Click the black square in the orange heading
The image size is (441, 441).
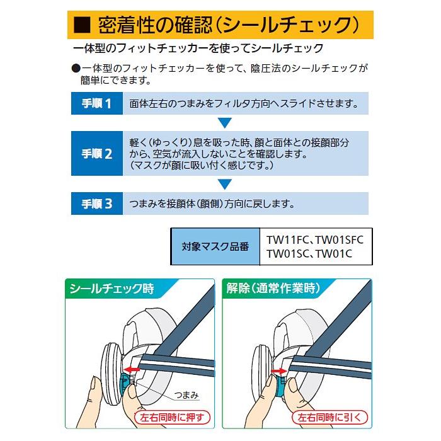coord(82,26)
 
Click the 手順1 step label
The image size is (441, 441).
coord(96,103)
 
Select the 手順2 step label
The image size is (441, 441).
coord(96,154)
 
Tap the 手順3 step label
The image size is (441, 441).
coord(96,204)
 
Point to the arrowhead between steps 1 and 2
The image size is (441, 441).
coord(225,122)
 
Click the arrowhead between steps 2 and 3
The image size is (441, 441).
coord(225,184)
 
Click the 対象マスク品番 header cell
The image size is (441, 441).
coord(214,247)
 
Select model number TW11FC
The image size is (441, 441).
coord(287,240)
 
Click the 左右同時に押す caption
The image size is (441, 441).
coord(173,416)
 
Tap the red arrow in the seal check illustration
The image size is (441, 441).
coord(134,370)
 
